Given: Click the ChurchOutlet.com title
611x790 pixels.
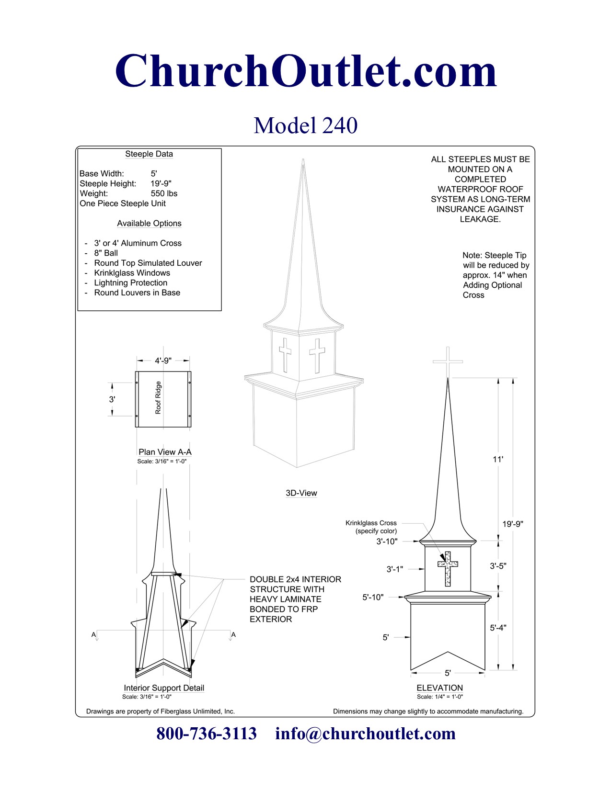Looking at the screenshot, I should point(306,71).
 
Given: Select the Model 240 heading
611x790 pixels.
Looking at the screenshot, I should point(305,125).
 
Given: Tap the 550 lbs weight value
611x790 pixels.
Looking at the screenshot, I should point(164,193).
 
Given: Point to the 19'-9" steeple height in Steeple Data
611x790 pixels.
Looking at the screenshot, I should point(161,183).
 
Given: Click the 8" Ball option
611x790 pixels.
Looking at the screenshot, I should point(105,253).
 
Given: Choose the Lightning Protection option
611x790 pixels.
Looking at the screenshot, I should point(130,283).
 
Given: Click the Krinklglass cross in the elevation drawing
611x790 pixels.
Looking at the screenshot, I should point(448,568).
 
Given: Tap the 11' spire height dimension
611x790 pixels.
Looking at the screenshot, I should point(498,459).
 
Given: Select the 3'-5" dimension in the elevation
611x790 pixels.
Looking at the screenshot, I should point(498,566).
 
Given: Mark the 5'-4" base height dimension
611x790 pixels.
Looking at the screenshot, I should point(498,628).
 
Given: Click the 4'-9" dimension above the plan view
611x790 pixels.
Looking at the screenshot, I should point(163,361).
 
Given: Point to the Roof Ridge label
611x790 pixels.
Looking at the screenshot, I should point(158,398).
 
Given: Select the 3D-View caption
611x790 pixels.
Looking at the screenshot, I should point(301,493).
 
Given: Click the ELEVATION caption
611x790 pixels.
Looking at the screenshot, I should point(439,688).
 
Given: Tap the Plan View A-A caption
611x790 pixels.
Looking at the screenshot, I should point(165,452).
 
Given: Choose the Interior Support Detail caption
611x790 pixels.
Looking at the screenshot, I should point(164,688).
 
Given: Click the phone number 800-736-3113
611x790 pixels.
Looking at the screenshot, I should point(207,734).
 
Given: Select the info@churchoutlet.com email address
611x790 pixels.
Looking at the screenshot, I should point(365,734).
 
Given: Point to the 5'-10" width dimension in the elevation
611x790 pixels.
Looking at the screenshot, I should point(373,597).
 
